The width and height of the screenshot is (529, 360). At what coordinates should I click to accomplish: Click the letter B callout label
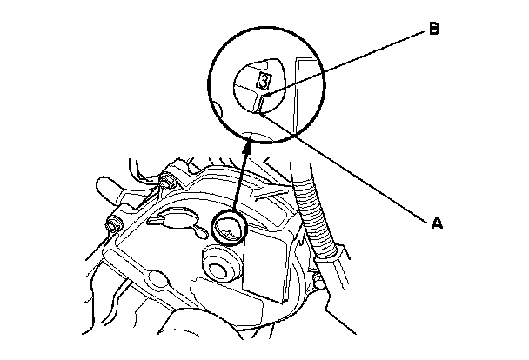[x=434, y=30]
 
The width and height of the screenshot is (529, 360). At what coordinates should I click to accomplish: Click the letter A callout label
[x=438, y=222]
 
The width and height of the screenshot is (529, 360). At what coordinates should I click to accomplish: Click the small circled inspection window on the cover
[x=228, y=228]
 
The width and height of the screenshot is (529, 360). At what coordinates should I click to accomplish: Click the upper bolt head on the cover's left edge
[x=164, y=182]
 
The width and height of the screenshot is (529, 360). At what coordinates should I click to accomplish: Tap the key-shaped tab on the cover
[x=177, y=217]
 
